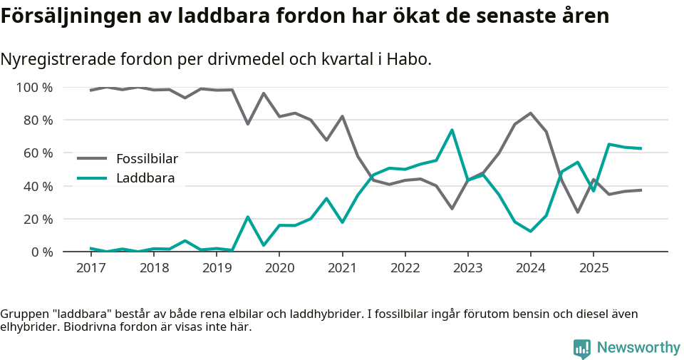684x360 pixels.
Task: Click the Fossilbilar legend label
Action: [x=147, y=158]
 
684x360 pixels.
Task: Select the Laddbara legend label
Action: [x=145, y=178]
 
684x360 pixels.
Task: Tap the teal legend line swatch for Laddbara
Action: [x=92, y=178]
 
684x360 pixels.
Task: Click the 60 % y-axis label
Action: [x=37, y=153]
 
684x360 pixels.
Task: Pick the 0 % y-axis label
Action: [x=40, y=252]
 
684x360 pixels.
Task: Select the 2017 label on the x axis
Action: [x=91, y=268]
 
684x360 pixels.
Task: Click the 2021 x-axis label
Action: [x=342, y=268]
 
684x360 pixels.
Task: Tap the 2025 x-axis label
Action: [x=594, y=268]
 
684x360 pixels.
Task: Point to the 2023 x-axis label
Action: [x=467, y=268]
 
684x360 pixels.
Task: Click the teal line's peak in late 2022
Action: [x=452, y=130]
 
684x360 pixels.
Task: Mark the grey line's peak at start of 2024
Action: [x=530, y=113]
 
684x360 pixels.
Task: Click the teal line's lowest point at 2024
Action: [x=530, y=231]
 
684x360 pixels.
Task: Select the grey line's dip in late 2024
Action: [x=577, y=212]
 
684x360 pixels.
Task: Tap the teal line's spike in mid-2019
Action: [x=247, y=217]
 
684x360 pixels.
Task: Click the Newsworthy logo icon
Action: [x=582, y=348]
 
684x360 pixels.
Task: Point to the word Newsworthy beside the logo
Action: [x=638, y=348]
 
